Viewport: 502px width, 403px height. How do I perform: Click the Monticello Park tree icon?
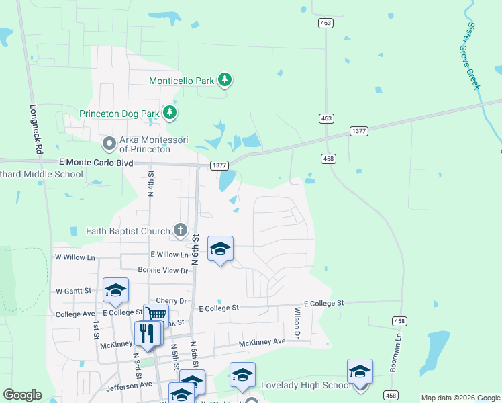tap(225, 81)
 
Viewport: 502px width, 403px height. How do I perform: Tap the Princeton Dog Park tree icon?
tap(171, 113)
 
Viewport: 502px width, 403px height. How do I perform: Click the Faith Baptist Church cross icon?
tap(180, 231)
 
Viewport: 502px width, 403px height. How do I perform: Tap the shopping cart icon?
tap(156, 314)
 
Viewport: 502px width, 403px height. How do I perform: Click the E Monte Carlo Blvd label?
tap(96, 163)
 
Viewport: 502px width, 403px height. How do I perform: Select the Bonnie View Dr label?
tap(162, 270)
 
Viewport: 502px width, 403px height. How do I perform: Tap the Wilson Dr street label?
tap(297, 322)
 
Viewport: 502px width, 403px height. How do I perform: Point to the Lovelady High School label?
tap(305, 385)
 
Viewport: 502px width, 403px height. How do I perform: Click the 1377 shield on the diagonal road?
tap(358, 132)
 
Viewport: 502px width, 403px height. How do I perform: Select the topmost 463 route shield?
tap(326, 23)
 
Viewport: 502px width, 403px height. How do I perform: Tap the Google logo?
tap(22, 395)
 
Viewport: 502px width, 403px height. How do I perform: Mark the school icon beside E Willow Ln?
tap(220, 249)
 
